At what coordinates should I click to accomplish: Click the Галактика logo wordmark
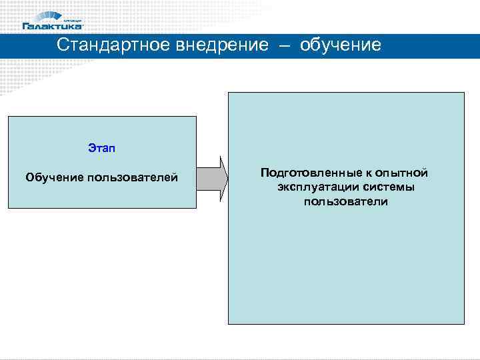coord(53,26)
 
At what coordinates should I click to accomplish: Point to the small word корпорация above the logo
coord(72,19)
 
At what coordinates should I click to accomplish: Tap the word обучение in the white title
coord(341,45)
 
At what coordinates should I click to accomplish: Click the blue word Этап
coord(101,147)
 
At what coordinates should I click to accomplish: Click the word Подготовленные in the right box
coord(303,173)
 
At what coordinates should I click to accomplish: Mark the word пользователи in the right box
coord(345,201)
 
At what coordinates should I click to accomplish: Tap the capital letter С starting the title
coord(62,45)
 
